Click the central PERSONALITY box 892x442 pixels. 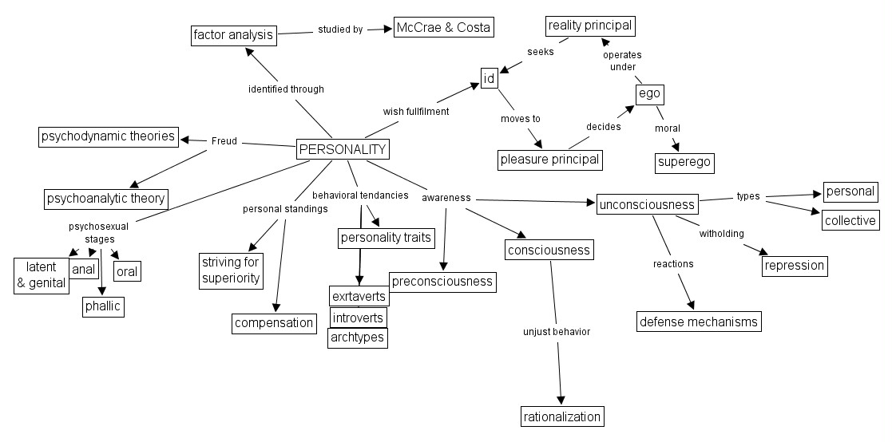[x=343, y=149]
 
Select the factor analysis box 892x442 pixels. [x=234, y=34]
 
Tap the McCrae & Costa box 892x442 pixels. [x=443, y=28]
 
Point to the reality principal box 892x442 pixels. [x=590, y=26]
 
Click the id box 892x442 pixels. [x=490, y=78]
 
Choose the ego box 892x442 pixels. [x=649, y=95]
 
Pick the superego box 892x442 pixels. [x=684, y=164]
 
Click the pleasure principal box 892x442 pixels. [x=549, y=160]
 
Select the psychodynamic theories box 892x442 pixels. [x=108, y=136]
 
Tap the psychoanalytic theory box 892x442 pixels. [x=106, y=198]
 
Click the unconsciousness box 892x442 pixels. [x=647, y=204]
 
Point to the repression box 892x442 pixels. [x=794, y=266]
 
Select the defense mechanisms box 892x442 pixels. [x=699, y=322]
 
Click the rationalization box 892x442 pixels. [x=561, y=416]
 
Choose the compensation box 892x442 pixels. [x=275, y=323]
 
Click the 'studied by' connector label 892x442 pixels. [x=340, y=30]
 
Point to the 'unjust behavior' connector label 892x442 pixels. [x=557, y=331]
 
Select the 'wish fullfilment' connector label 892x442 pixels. [x=416, y=112]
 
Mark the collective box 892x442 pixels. [x=850, y=220]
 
